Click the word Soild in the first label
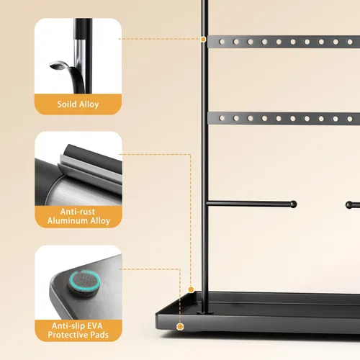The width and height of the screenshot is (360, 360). click(67, 104)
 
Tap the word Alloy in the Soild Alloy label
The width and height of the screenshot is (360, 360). click(89, 104)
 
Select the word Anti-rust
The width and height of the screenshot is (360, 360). click(78, 212)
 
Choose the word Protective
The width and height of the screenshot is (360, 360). click(68, 335)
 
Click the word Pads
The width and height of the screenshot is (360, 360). click(99, 335)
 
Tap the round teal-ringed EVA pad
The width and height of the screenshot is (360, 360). click(84, 282)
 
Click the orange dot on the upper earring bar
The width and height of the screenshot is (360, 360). click(203, 39)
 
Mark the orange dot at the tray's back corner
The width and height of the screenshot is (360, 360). click(191, 289)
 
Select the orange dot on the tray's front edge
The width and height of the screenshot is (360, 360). click(180, 327)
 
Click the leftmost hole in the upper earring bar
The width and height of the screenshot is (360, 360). click(222, 42)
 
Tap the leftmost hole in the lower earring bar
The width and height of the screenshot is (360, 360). click(222, 118)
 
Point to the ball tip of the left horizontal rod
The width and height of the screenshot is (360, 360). click(294, 204)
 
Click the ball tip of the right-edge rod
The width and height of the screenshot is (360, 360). click(349, 205)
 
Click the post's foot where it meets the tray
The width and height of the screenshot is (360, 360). click(205, 312)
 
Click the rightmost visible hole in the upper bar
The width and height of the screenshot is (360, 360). click(350, 42)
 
